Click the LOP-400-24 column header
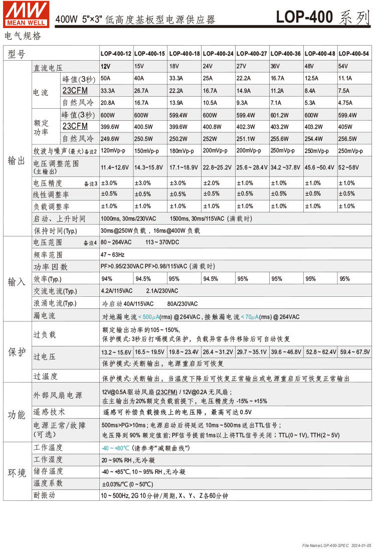point(218,54)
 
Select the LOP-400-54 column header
point(353,54)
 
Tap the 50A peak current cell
point(106,78)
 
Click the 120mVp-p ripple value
point(116,150)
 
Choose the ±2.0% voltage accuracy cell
point(211,183)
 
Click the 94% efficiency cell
point(107,279)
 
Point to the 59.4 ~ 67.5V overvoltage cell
point(354,352)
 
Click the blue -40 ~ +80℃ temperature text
point(115,448)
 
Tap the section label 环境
point(17,473)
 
